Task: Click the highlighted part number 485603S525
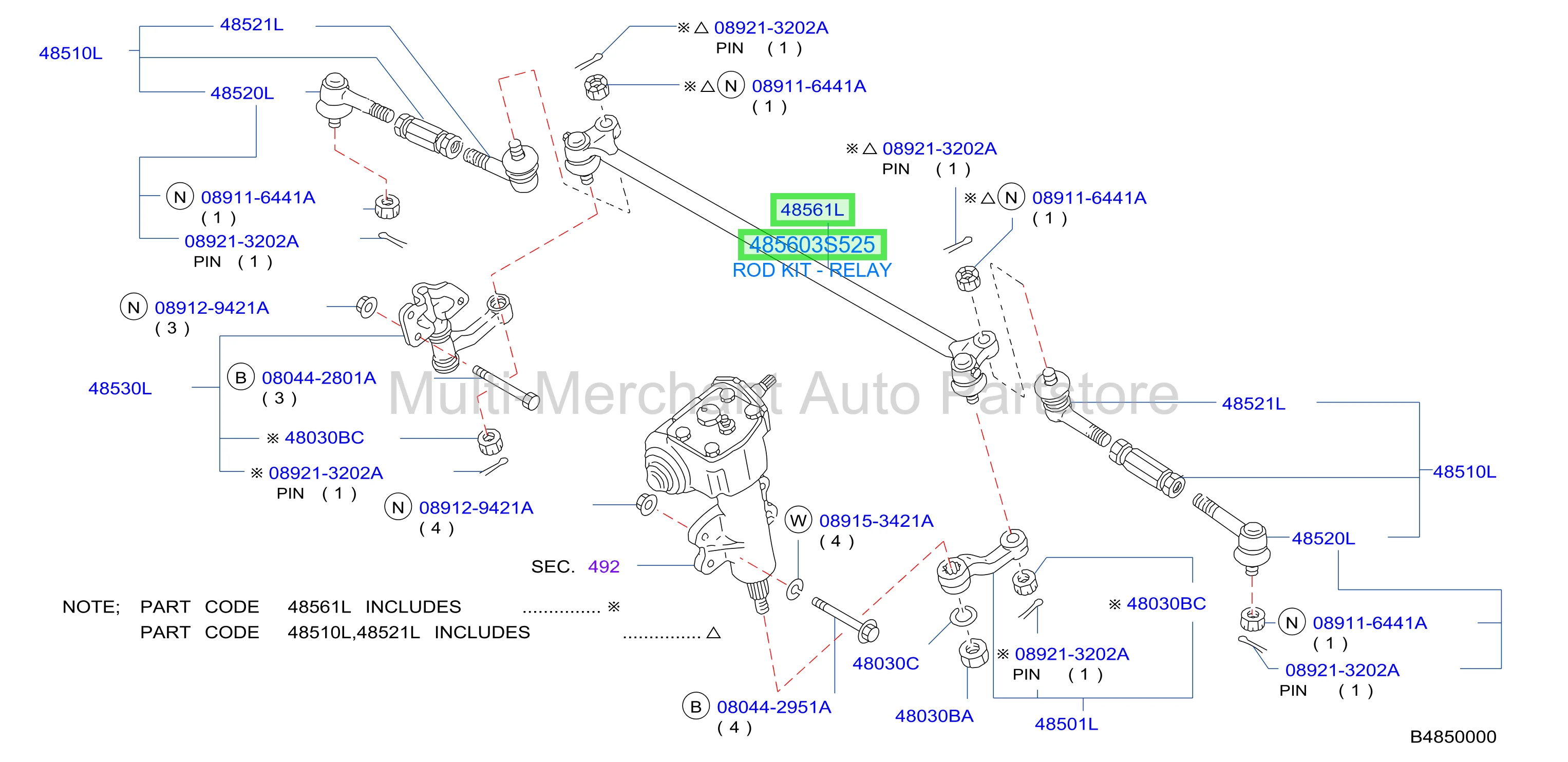[812, 244]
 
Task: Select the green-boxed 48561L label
[813, 210]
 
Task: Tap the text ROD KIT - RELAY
[812, 270]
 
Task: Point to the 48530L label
[120, 388]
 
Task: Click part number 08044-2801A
[319, 378]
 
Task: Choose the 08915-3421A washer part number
[876, 521]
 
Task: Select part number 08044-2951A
[773, 707]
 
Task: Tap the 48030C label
[885, 663]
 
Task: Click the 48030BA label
[934, 716]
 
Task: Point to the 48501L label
[1066, 725]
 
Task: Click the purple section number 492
[604, 567]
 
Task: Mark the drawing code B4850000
[1453, 737]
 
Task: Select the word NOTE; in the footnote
[91, 607]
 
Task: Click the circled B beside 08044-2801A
[241, 377]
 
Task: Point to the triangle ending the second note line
[713, 633]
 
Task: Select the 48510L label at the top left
[70, 53]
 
